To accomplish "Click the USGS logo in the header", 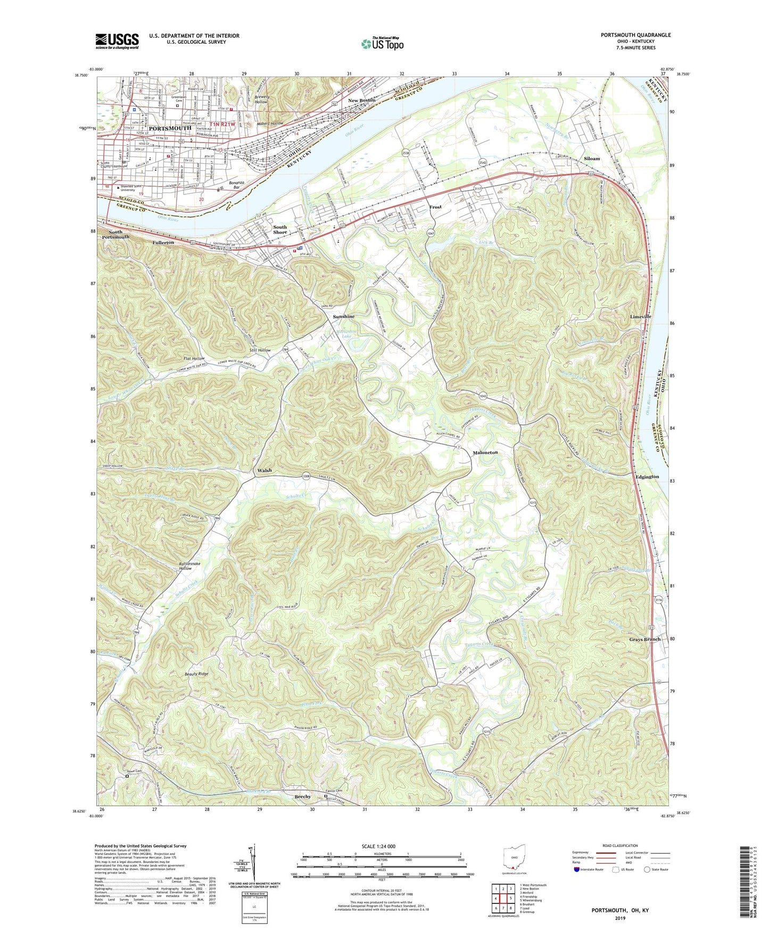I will pos(117,41).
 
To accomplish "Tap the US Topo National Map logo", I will pos(382,43).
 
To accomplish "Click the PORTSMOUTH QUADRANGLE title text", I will pos(635,35).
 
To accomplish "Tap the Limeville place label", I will pos(640,317).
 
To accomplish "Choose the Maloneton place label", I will pos(485,452).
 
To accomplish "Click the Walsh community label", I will pos(264,470).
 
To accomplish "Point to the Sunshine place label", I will pos(343,317).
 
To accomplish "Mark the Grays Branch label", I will pos(644,639).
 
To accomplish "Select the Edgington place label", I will pos(647,477).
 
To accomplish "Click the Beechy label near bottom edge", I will pos(302,797).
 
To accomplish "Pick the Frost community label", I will pos(435,207).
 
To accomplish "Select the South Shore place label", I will pos(280,230).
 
